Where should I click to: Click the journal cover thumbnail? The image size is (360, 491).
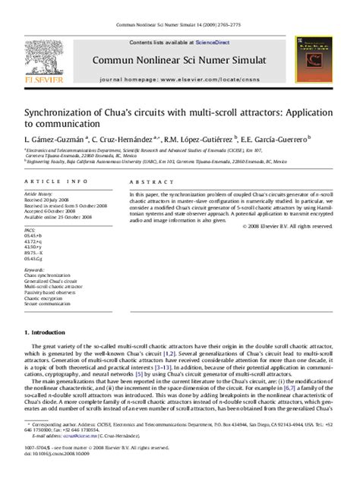coord(314,61)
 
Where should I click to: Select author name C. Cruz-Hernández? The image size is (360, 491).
coord(126,139)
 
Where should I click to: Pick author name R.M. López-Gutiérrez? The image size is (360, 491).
coord(199,139)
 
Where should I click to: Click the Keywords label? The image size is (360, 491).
coord(35,269)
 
